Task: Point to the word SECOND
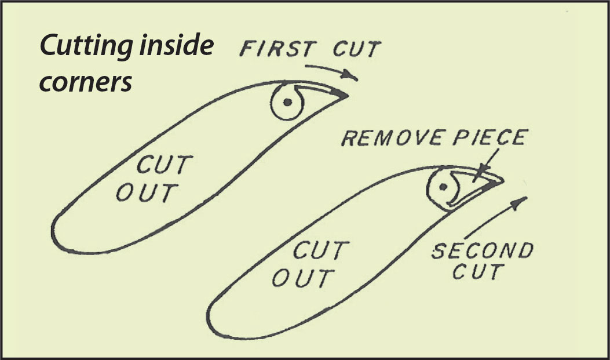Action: click(482, 252)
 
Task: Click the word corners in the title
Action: click(87, 82)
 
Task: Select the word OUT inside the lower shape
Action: click(302, 278)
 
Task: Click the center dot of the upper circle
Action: click(287, 103)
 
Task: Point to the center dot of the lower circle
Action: click(443, 187)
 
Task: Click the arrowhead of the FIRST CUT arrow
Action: click(350, 75)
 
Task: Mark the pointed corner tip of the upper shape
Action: click(346, 94)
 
